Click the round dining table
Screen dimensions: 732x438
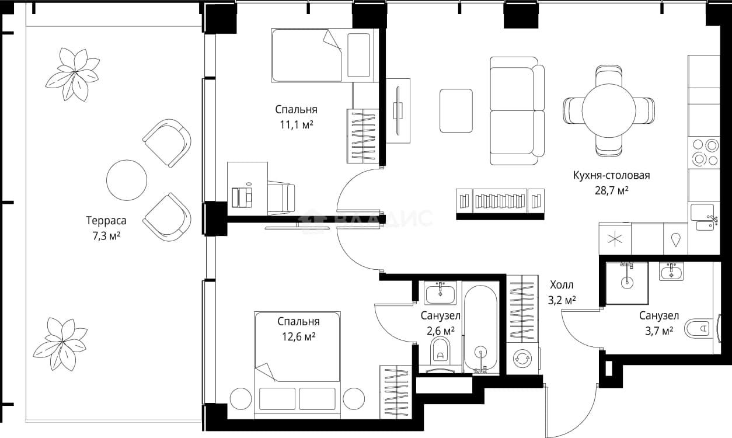click(x=608, y=110)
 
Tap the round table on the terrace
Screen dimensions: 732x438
click(x=127, y=180)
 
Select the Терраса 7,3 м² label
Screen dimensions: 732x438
click(x=106, y=228)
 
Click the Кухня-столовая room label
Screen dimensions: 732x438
click(x=611, y=176)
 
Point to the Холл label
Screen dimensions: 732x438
click(x=562, y=285)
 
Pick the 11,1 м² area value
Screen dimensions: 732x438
click(x=297, y=124)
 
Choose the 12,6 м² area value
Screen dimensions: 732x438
click(x=299, y=336)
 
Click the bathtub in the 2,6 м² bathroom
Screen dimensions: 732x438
click(x=481, y=328)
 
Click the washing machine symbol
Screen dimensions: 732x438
click(x=522, y=359)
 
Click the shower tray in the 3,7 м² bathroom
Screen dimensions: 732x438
click(x=627, y=283)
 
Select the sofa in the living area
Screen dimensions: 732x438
click(x=517, y=111)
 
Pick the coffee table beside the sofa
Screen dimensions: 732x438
click(x=456, y=111)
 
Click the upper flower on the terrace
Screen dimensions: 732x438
click(x=73, y=74)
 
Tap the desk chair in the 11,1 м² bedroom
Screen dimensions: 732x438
click(x=281, y=198)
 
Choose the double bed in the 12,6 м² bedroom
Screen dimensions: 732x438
click(x=297, y=365)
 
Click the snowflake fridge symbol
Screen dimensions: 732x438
click(x=615, y=239)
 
